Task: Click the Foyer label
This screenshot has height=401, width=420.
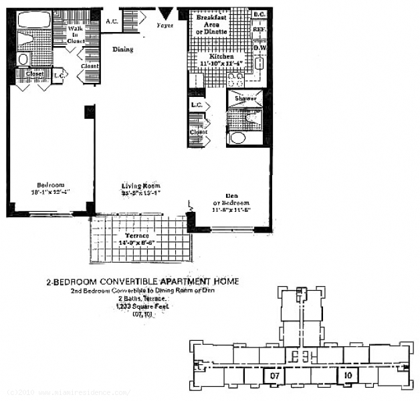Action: [165, 25]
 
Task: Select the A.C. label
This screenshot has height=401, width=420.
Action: [112, 21]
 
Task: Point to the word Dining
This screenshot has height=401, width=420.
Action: [122, 49]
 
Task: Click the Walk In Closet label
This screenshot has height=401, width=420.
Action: [75, 35]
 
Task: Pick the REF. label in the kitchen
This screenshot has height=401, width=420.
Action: [259, 30]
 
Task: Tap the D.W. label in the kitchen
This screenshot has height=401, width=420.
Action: [259, 47]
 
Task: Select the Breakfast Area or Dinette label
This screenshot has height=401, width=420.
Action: [212, 24]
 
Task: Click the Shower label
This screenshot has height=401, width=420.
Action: [245, 98]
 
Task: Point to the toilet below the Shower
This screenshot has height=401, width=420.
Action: [238, 138]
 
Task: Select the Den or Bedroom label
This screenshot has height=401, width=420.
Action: [231, 203]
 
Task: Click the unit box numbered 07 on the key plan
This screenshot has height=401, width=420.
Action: [274, 376]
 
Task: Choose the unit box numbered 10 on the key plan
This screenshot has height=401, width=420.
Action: [347, 376]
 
